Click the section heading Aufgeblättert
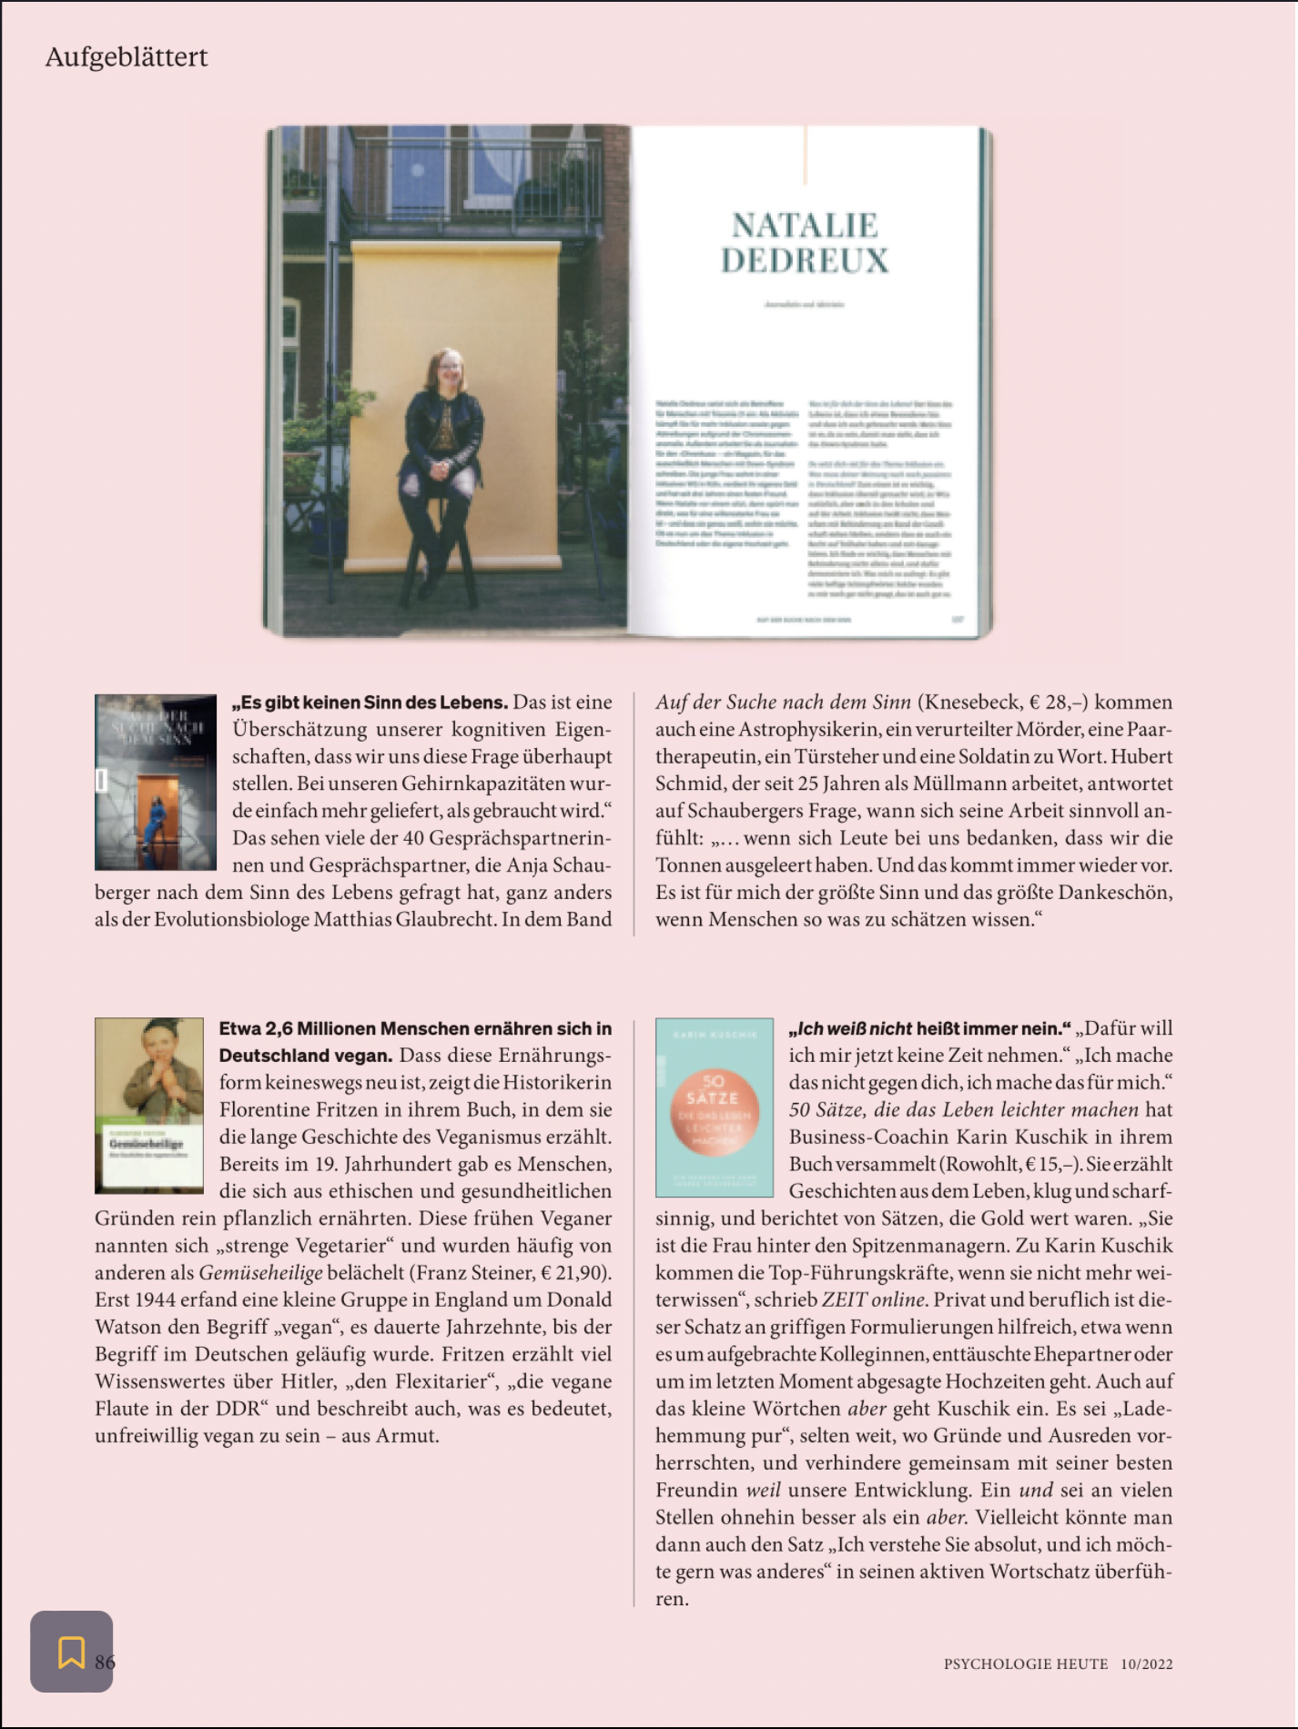127,57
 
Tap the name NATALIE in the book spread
805,226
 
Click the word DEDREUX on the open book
805,261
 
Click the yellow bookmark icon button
71,1652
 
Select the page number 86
106,1662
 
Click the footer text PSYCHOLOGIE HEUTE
1026,1664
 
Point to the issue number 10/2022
1147,1664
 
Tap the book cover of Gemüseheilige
149,1105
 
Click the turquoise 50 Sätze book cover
715,1107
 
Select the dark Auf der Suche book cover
156,782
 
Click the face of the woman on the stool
448,367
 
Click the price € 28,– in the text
1059,703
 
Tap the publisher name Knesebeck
971,703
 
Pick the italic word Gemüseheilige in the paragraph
261,1273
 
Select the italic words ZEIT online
875,1300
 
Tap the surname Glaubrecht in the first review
445,920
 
